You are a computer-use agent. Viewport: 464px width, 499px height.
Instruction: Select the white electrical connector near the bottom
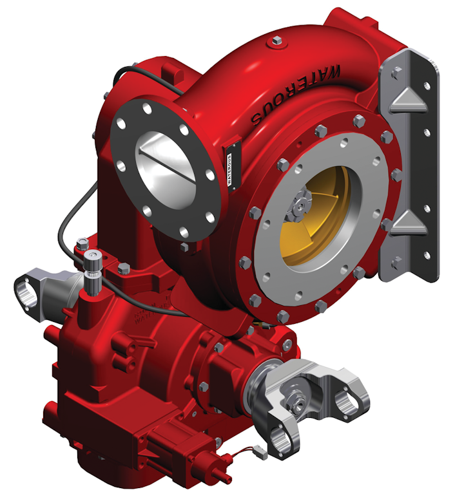tap(256, 453)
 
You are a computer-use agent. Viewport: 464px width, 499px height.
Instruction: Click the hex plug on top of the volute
tap(276, 41)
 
